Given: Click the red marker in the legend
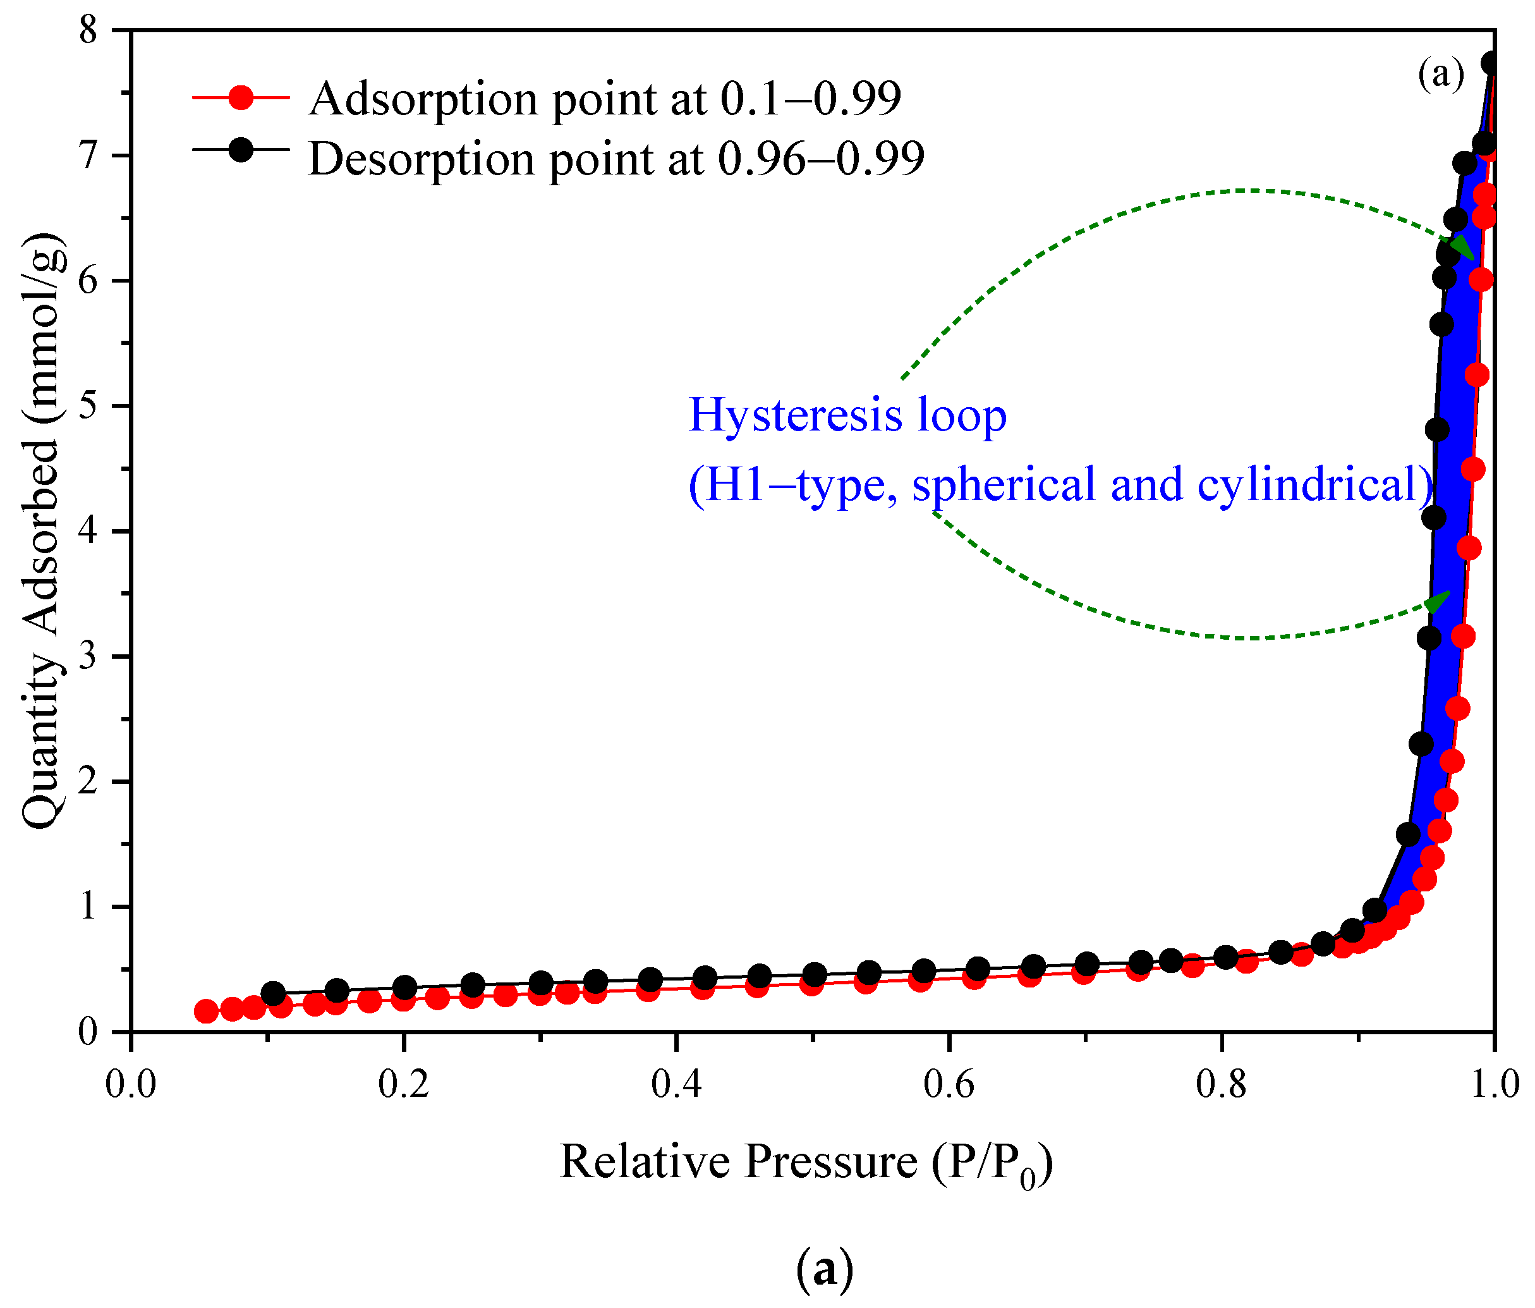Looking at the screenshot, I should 240,97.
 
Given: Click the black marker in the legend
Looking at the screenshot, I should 240,150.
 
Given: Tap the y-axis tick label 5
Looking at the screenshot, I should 88,406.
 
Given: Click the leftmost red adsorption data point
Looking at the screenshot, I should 206,1012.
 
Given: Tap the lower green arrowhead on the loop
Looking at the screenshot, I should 1439,601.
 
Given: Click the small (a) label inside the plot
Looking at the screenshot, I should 1441,74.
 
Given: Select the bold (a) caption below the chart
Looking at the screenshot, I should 824,1269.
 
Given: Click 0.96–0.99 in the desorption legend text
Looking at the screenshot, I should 821,159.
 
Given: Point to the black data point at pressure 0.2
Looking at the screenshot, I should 404,987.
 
